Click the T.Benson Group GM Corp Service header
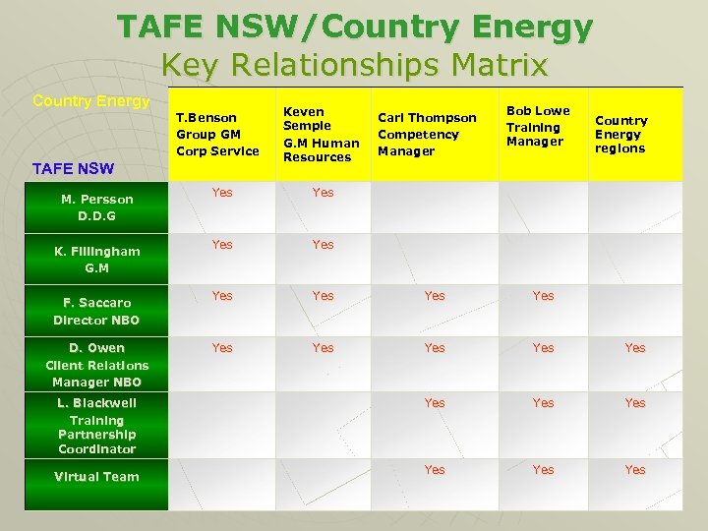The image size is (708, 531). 217,134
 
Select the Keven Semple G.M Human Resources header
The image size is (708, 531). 321,134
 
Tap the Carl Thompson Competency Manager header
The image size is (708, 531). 427,134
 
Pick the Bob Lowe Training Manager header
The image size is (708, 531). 538,127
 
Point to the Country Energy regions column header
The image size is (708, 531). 620,134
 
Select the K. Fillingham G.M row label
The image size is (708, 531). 96,259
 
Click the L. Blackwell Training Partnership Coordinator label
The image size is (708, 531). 96,426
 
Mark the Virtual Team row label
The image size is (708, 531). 96,477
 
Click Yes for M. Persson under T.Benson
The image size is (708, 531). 222,193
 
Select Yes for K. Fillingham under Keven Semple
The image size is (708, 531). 323,244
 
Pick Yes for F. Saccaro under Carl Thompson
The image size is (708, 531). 434,296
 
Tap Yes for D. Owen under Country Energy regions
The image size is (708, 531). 635,348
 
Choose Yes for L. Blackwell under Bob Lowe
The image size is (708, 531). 543,403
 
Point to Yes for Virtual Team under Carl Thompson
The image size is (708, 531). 434,470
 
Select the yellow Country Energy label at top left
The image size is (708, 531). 90,101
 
